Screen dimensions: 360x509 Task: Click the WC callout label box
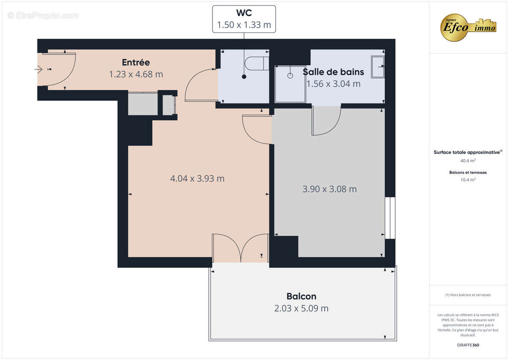[244, 19]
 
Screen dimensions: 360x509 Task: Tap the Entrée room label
[136, 63]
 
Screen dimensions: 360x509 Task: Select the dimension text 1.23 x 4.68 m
[136, 74]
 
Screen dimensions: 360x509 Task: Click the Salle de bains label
[333, 72]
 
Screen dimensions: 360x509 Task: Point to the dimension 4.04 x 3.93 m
[197, 179]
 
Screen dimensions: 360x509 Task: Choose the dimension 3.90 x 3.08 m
[329, 189]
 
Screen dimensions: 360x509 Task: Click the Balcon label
[301, 296]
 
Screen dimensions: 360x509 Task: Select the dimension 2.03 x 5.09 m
[301, 308]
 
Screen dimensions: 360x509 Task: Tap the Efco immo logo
[468, 27]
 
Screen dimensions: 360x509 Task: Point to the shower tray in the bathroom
[290, 84]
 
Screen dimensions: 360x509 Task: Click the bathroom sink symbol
[377, 67]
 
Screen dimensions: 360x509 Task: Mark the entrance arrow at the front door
[38, 69]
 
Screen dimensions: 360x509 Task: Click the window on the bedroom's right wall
[390, 217]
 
